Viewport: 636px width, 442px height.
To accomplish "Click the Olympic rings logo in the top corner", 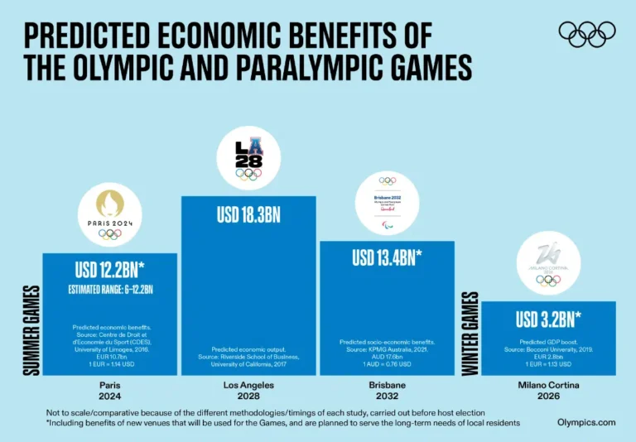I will coord(587,34).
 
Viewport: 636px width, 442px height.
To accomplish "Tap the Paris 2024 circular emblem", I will coord(109,214).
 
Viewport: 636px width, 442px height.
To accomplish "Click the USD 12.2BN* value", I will coord(109,270).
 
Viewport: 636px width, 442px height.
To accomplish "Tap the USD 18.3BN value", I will coord(248,215).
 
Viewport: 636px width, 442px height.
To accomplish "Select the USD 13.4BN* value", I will coord(388,257).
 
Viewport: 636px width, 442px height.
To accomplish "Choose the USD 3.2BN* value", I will coord(549,319).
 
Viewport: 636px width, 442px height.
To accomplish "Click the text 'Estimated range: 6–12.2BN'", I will coord(109,289).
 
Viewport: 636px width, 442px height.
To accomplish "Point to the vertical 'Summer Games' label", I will coord(31,329).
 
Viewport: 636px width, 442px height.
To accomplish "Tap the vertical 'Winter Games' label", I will coord(470,334).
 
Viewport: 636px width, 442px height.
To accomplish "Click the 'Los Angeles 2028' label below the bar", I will coord(248,391).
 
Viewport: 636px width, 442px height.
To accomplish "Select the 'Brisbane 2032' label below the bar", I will coord(388,391).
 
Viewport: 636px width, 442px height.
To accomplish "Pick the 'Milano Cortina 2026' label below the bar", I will coord(549,391).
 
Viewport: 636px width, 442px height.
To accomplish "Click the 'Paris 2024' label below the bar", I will coord(109,391).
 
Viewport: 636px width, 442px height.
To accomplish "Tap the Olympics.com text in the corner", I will coord(586,422).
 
